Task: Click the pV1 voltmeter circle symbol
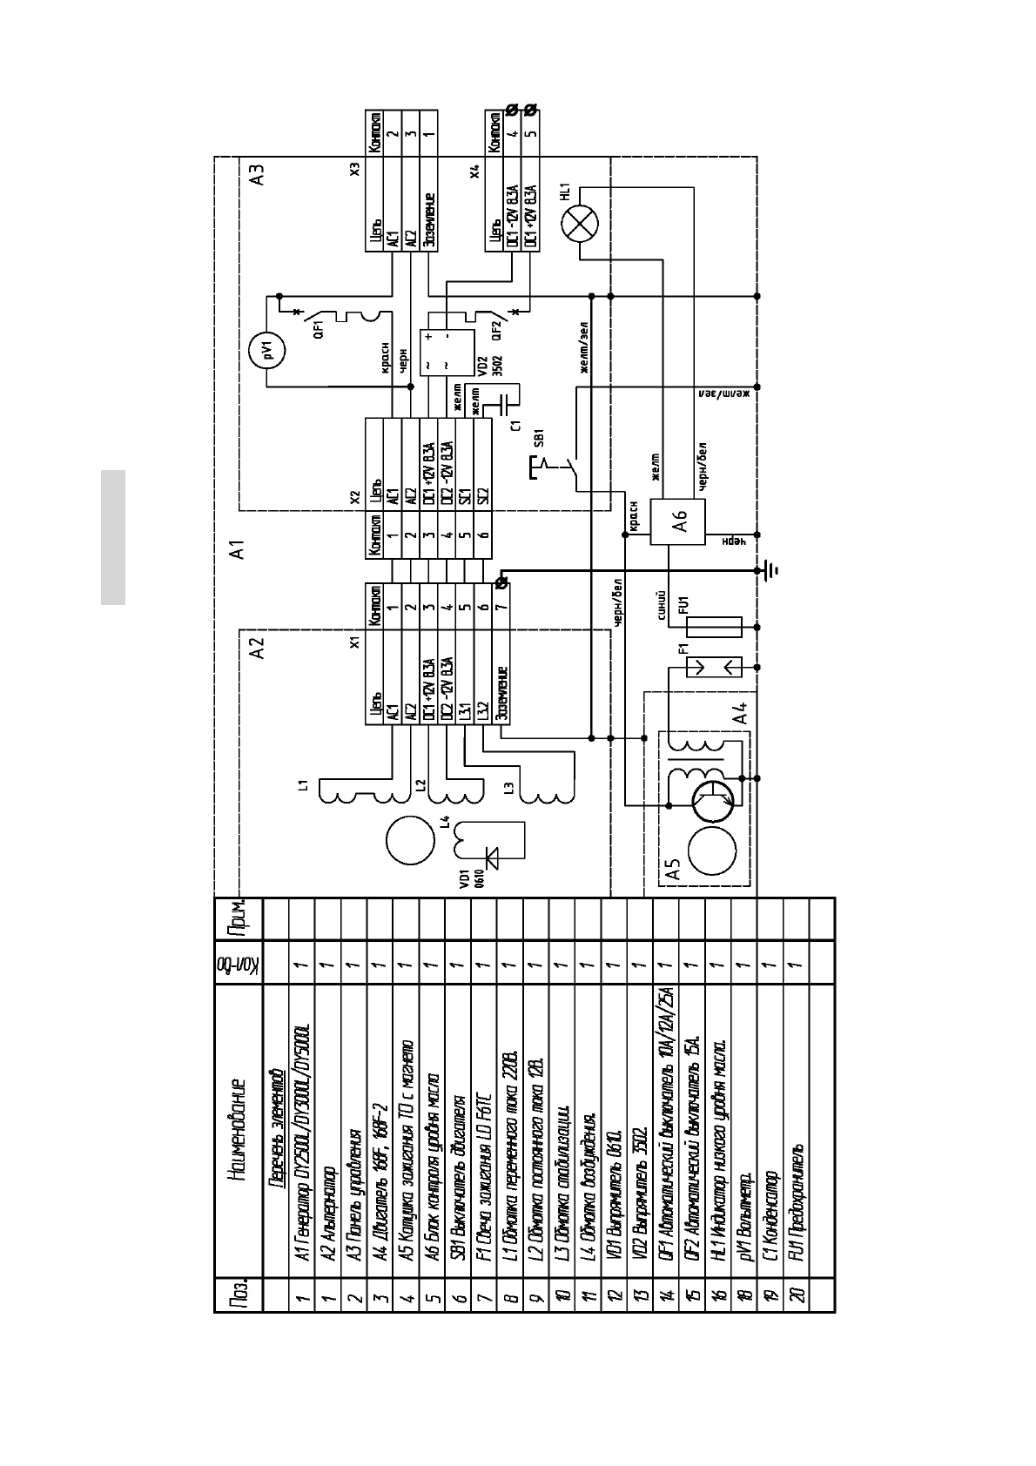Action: (268, 352)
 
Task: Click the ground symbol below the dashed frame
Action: (770, 571)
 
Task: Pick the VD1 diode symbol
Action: (494, 859)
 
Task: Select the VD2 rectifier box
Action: (447, 351)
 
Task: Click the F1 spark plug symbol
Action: (714, 667)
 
